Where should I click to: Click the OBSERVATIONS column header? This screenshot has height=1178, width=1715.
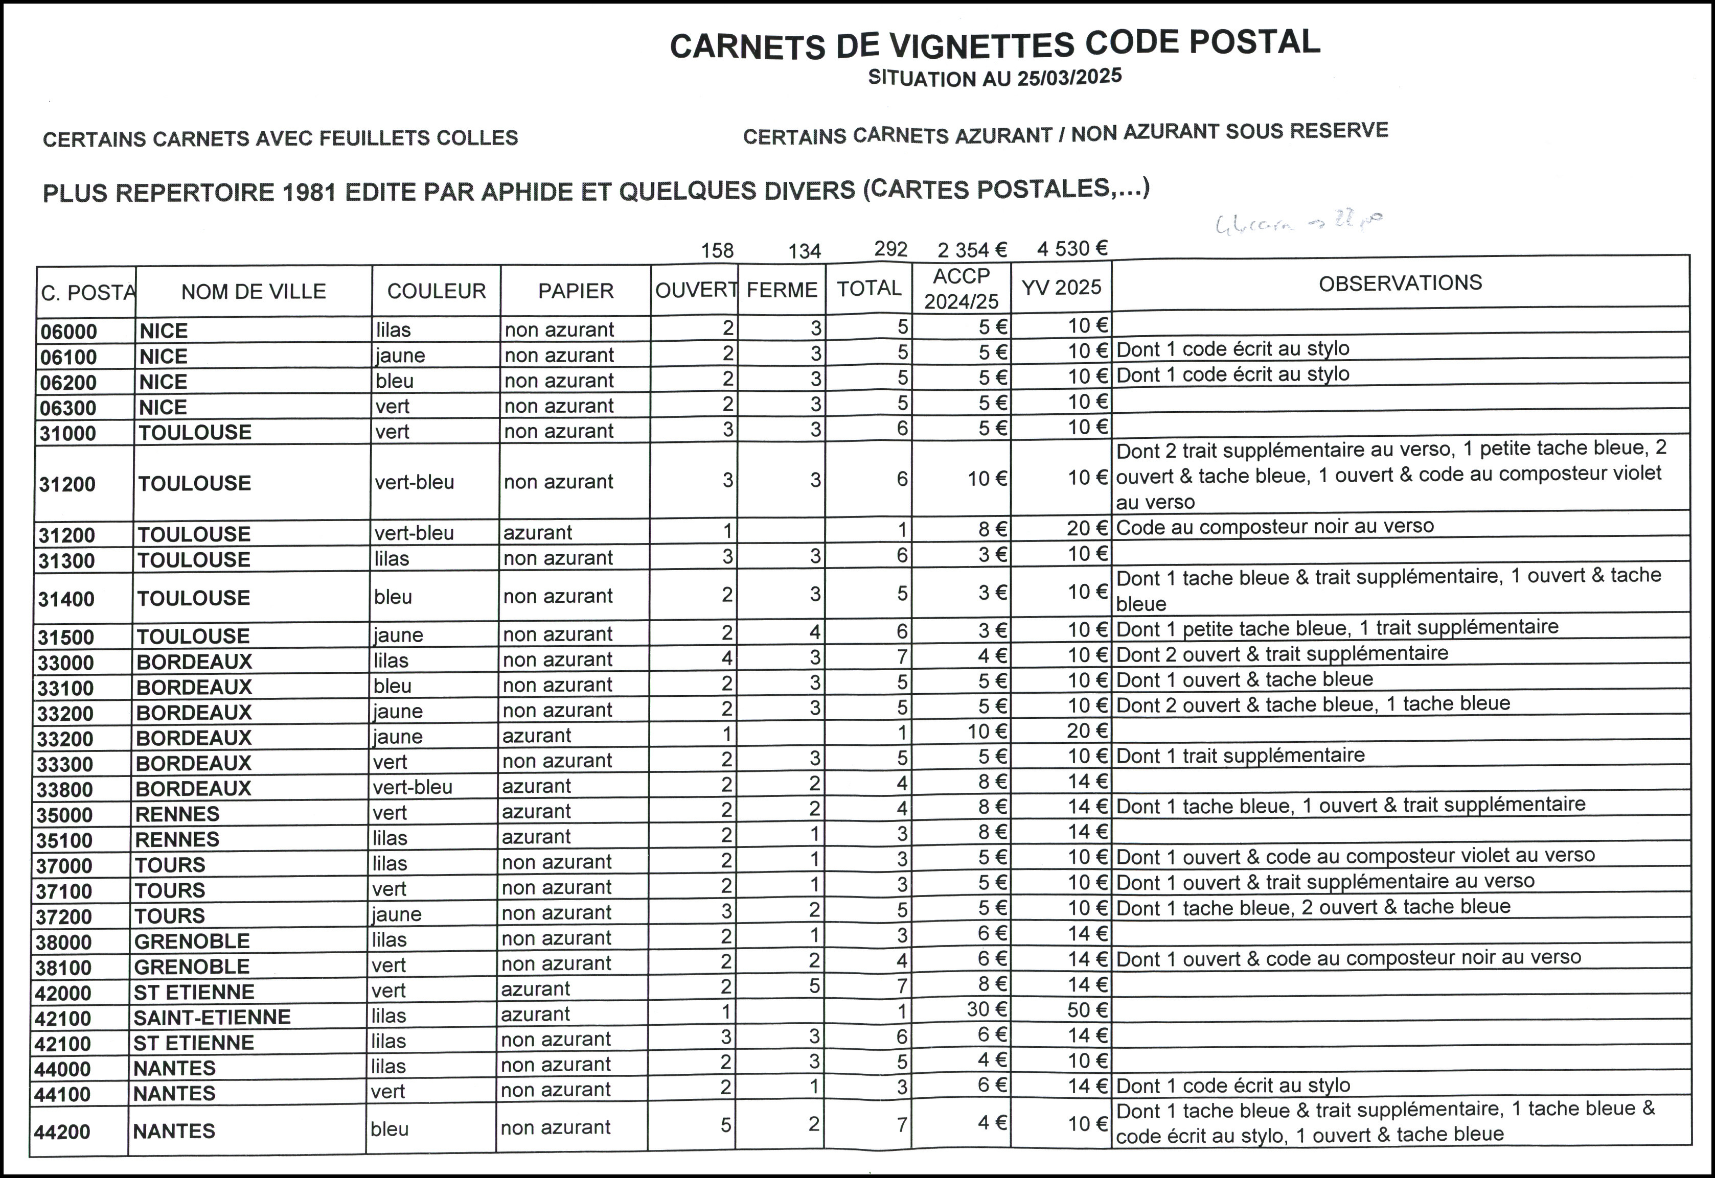(x=1400, y=282)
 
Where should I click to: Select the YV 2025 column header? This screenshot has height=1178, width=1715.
(x=1061, y=287)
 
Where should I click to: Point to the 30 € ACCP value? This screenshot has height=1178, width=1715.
(x=986, y=1009)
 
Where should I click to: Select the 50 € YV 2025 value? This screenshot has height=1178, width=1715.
(x=1087, y=1010)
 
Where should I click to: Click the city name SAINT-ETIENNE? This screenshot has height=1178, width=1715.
(x=212, y=1017)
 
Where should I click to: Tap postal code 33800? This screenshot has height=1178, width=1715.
(x=65, y=790)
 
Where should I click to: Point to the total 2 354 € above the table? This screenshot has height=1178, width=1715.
(x=972, y=249)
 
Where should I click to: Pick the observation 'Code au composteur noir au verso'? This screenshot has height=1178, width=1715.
(x=1275, y=526)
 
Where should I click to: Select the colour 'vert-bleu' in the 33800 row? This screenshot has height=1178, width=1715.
(x=412, y=787)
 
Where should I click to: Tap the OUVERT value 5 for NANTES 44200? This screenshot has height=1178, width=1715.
(x=726, y=1125)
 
